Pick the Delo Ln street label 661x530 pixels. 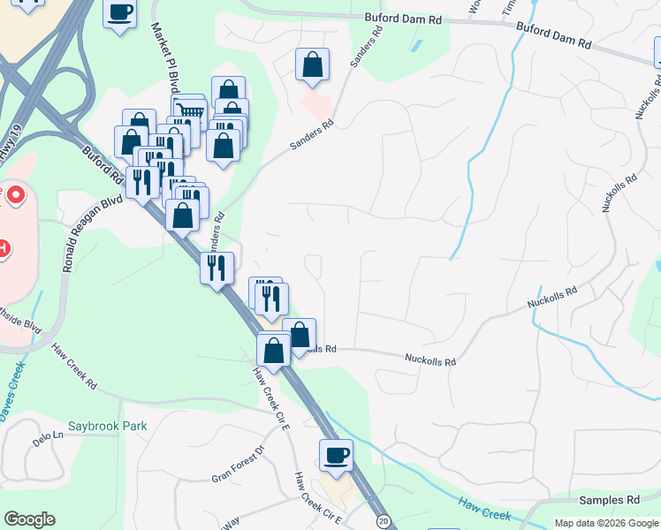49,436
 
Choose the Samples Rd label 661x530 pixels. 609,500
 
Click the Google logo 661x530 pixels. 29,519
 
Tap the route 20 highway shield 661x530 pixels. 382,521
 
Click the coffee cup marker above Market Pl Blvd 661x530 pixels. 119,12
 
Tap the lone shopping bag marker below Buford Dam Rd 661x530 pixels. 312,64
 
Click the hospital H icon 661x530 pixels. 4,249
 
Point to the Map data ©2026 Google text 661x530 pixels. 606,523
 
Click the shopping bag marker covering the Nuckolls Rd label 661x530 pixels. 300,335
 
